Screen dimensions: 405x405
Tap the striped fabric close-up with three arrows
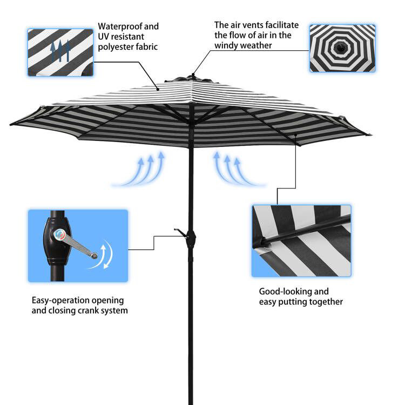pos(60,52)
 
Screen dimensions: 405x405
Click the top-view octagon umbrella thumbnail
pos(342,48)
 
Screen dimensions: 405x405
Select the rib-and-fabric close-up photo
pos(301,241)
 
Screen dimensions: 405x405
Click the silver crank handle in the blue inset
pos(77,244)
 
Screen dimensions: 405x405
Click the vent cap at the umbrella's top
pos(192,78)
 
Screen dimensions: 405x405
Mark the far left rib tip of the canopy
pos(11,125)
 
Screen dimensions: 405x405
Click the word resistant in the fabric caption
pos(127,37)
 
